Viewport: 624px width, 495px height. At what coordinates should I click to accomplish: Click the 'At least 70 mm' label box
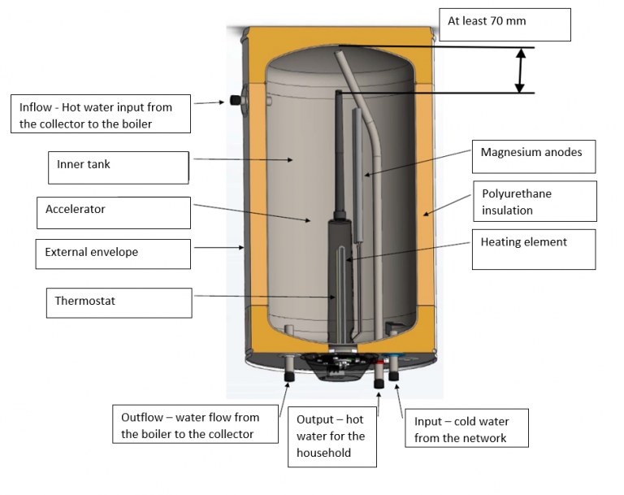[505, 24]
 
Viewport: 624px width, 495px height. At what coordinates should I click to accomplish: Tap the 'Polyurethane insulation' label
[534, 202]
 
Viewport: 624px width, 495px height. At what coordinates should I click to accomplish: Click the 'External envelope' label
[113, 254]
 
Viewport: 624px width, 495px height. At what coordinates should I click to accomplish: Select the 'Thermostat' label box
[118, 302]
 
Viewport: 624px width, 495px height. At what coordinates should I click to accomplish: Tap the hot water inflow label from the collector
[102, 115]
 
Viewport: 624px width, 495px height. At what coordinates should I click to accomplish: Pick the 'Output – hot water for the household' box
[331, 436]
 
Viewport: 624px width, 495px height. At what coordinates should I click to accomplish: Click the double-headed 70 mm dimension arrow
[519, 70]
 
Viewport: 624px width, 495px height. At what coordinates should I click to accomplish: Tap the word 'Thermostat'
[85, 301]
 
